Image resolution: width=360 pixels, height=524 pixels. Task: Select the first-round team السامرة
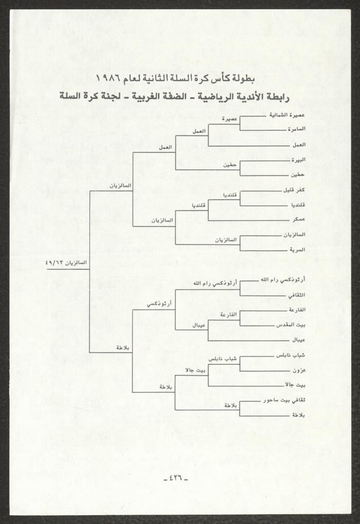[296, 129]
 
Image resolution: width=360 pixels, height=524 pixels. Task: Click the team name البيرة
[298, 160]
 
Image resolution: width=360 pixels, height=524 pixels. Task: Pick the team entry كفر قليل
[294, 190]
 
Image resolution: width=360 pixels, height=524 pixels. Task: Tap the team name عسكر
[299, 220]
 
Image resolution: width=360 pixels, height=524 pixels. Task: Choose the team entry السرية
[297, 250]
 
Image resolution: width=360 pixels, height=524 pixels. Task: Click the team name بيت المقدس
[291, 325]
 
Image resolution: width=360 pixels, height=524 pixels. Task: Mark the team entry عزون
[299, 370]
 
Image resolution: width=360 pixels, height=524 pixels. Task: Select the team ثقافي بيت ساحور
[284, 400]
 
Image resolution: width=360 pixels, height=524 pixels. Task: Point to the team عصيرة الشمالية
[287, 115]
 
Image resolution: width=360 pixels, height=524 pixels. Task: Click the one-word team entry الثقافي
[297, 295]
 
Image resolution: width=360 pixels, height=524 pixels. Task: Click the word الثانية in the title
[158, 79]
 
